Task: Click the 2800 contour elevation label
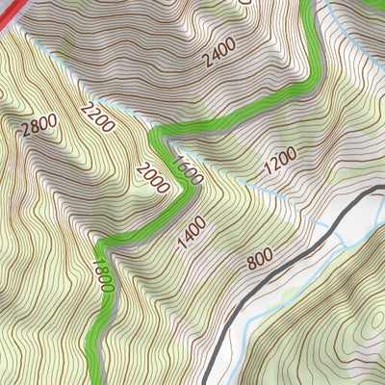click(37, 127)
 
